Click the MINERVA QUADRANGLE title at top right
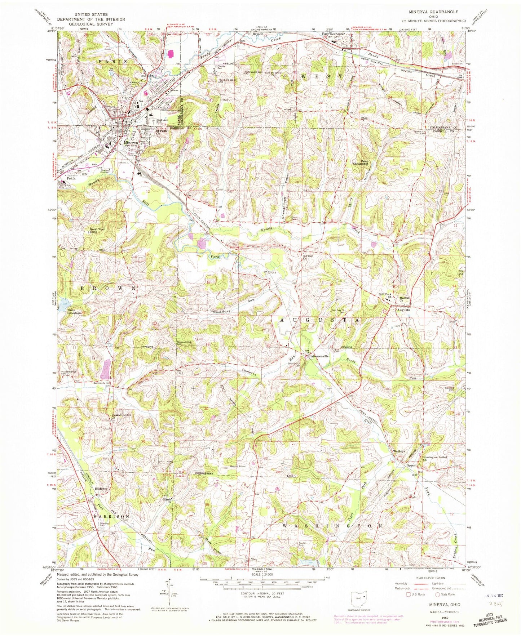pos(437,22)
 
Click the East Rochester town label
pos(334,34)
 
